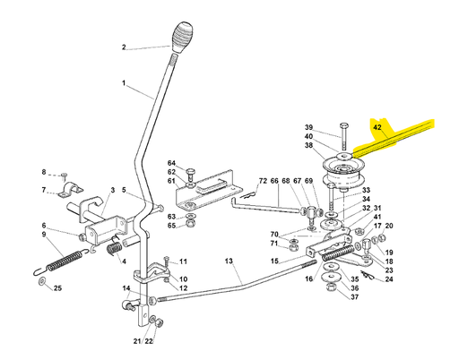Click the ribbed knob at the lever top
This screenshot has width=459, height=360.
[x=182, y=37]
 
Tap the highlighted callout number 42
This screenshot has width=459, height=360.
[x=377, y=127]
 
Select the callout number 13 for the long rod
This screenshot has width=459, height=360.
[x=229, y=261]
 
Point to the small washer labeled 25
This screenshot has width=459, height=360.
[x=41, y=281]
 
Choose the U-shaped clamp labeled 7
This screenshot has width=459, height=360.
[x=71, y=190]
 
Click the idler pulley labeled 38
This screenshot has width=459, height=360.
[x=342, y=172]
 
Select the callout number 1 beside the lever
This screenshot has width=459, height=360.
[x=124, y=82]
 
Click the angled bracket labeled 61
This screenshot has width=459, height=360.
[x=209, y=191]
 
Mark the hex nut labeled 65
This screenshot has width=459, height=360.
[x=190, y=223]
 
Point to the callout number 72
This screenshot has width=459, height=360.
[x=263, y=181]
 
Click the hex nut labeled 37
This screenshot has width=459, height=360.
[x=331, y=287]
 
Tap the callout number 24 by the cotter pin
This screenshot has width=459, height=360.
[x=389, y=279]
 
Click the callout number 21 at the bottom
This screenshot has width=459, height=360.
[x=137, y=341]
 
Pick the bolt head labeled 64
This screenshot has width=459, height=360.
[x=191, y=171]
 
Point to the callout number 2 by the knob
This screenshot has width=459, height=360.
[x=124, y=47]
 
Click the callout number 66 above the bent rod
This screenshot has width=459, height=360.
[x=274, y=181]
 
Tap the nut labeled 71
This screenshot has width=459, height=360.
[x=293, y=247]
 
